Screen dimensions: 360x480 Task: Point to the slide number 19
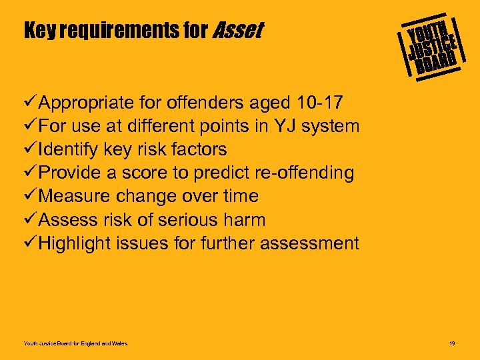tap(452, 343)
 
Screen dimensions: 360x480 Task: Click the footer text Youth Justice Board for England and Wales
tap(75, 343)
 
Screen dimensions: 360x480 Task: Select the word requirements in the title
tap(126, 31)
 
